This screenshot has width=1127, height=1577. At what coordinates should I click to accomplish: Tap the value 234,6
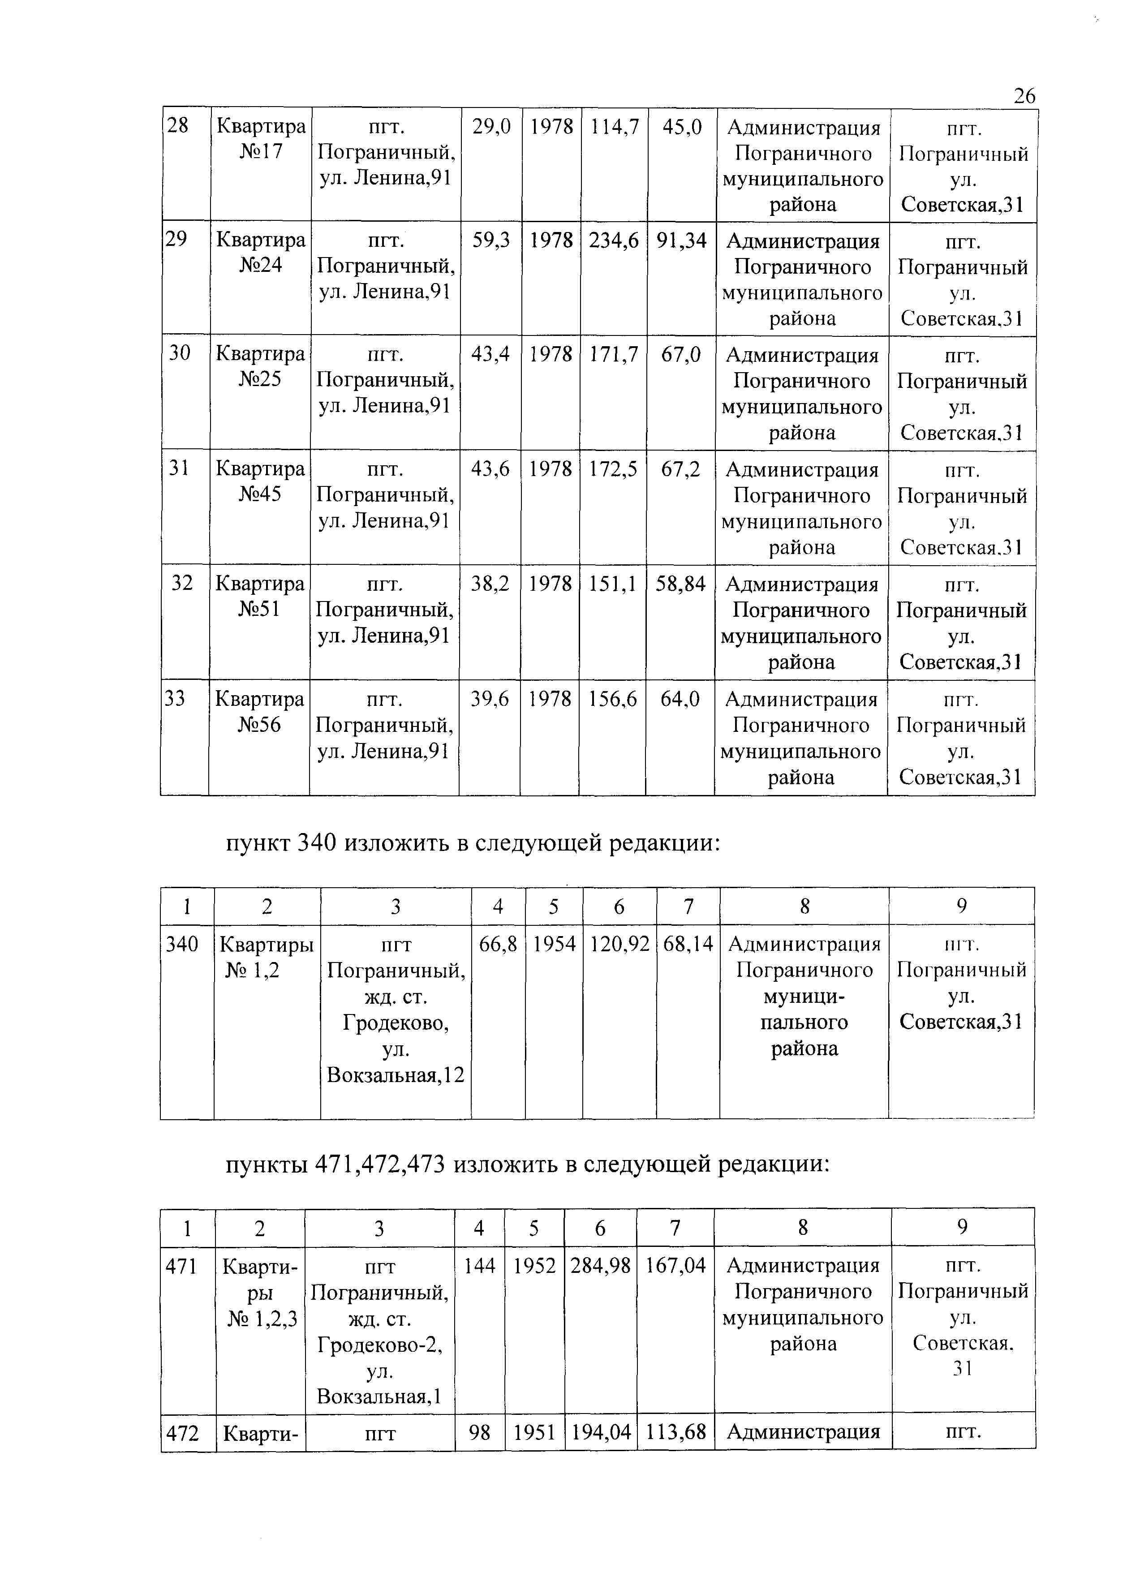(x=614, y=240)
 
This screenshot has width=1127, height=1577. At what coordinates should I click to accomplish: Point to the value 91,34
(x=681, y=240)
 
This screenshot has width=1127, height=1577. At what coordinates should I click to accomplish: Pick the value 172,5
(x=613, y=470)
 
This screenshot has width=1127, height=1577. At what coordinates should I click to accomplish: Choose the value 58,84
(x=680, y=584)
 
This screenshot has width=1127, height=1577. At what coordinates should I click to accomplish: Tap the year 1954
(x=554, y=944)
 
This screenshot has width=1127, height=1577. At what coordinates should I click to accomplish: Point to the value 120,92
(x=619, y=944)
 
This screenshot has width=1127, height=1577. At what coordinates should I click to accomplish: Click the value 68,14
(x=688, y=944)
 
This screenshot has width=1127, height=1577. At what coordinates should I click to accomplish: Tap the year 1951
(x=534, y=1432)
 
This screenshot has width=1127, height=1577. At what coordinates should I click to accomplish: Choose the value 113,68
(x=676, y=1432)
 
